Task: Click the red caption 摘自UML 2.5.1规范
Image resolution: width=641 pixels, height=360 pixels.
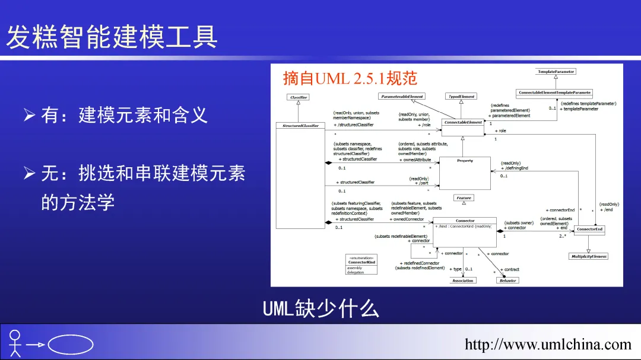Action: coord(350,78)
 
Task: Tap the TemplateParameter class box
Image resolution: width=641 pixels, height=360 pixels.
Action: coord(556,71)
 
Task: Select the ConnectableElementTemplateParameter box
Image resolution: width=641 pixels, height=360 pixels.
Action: coord(555,93)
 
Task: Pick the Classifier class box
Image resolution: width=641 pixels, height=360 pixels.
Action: coord(299,97)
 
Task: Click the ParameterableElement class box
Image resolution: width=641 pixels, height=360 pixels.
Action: coord(402,96)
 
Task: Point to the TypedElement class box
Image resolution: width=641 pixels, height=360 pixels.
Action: coord(461,96)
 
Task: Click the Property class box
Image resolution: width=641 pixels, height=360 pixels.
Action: coord(465,173)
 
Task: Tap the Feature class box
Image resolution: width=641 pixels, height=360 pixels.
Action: coord(464,198)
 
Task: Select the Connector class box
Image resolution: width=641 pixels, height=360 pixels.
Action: coord(465,231)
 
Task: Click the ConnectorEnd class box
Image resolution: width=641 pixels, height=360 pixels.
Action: coord(589,229)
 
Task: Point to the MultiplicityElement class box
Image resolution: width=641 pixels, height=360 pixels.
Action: coord(589,256)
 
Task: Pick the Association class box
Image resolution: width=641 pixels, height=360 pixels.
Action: coord(463,281)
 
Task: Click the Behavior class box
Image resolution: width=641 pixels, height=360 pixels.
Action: coord(507,281)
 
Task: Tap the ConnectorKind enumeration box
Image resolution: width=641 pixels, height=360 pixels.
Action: coord(361,265)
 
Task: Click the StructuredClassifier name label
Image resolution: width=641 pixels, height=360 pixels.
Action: coord(300,125)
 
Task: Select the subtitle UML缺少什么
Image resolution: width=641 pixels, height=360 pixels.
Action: coord(320,308)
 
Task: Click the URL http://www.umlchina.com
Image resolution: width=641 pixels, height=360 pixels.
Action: coord(548,345)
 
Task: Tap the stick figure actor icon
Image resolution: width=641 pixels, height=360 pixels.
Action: coord(15,343)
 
